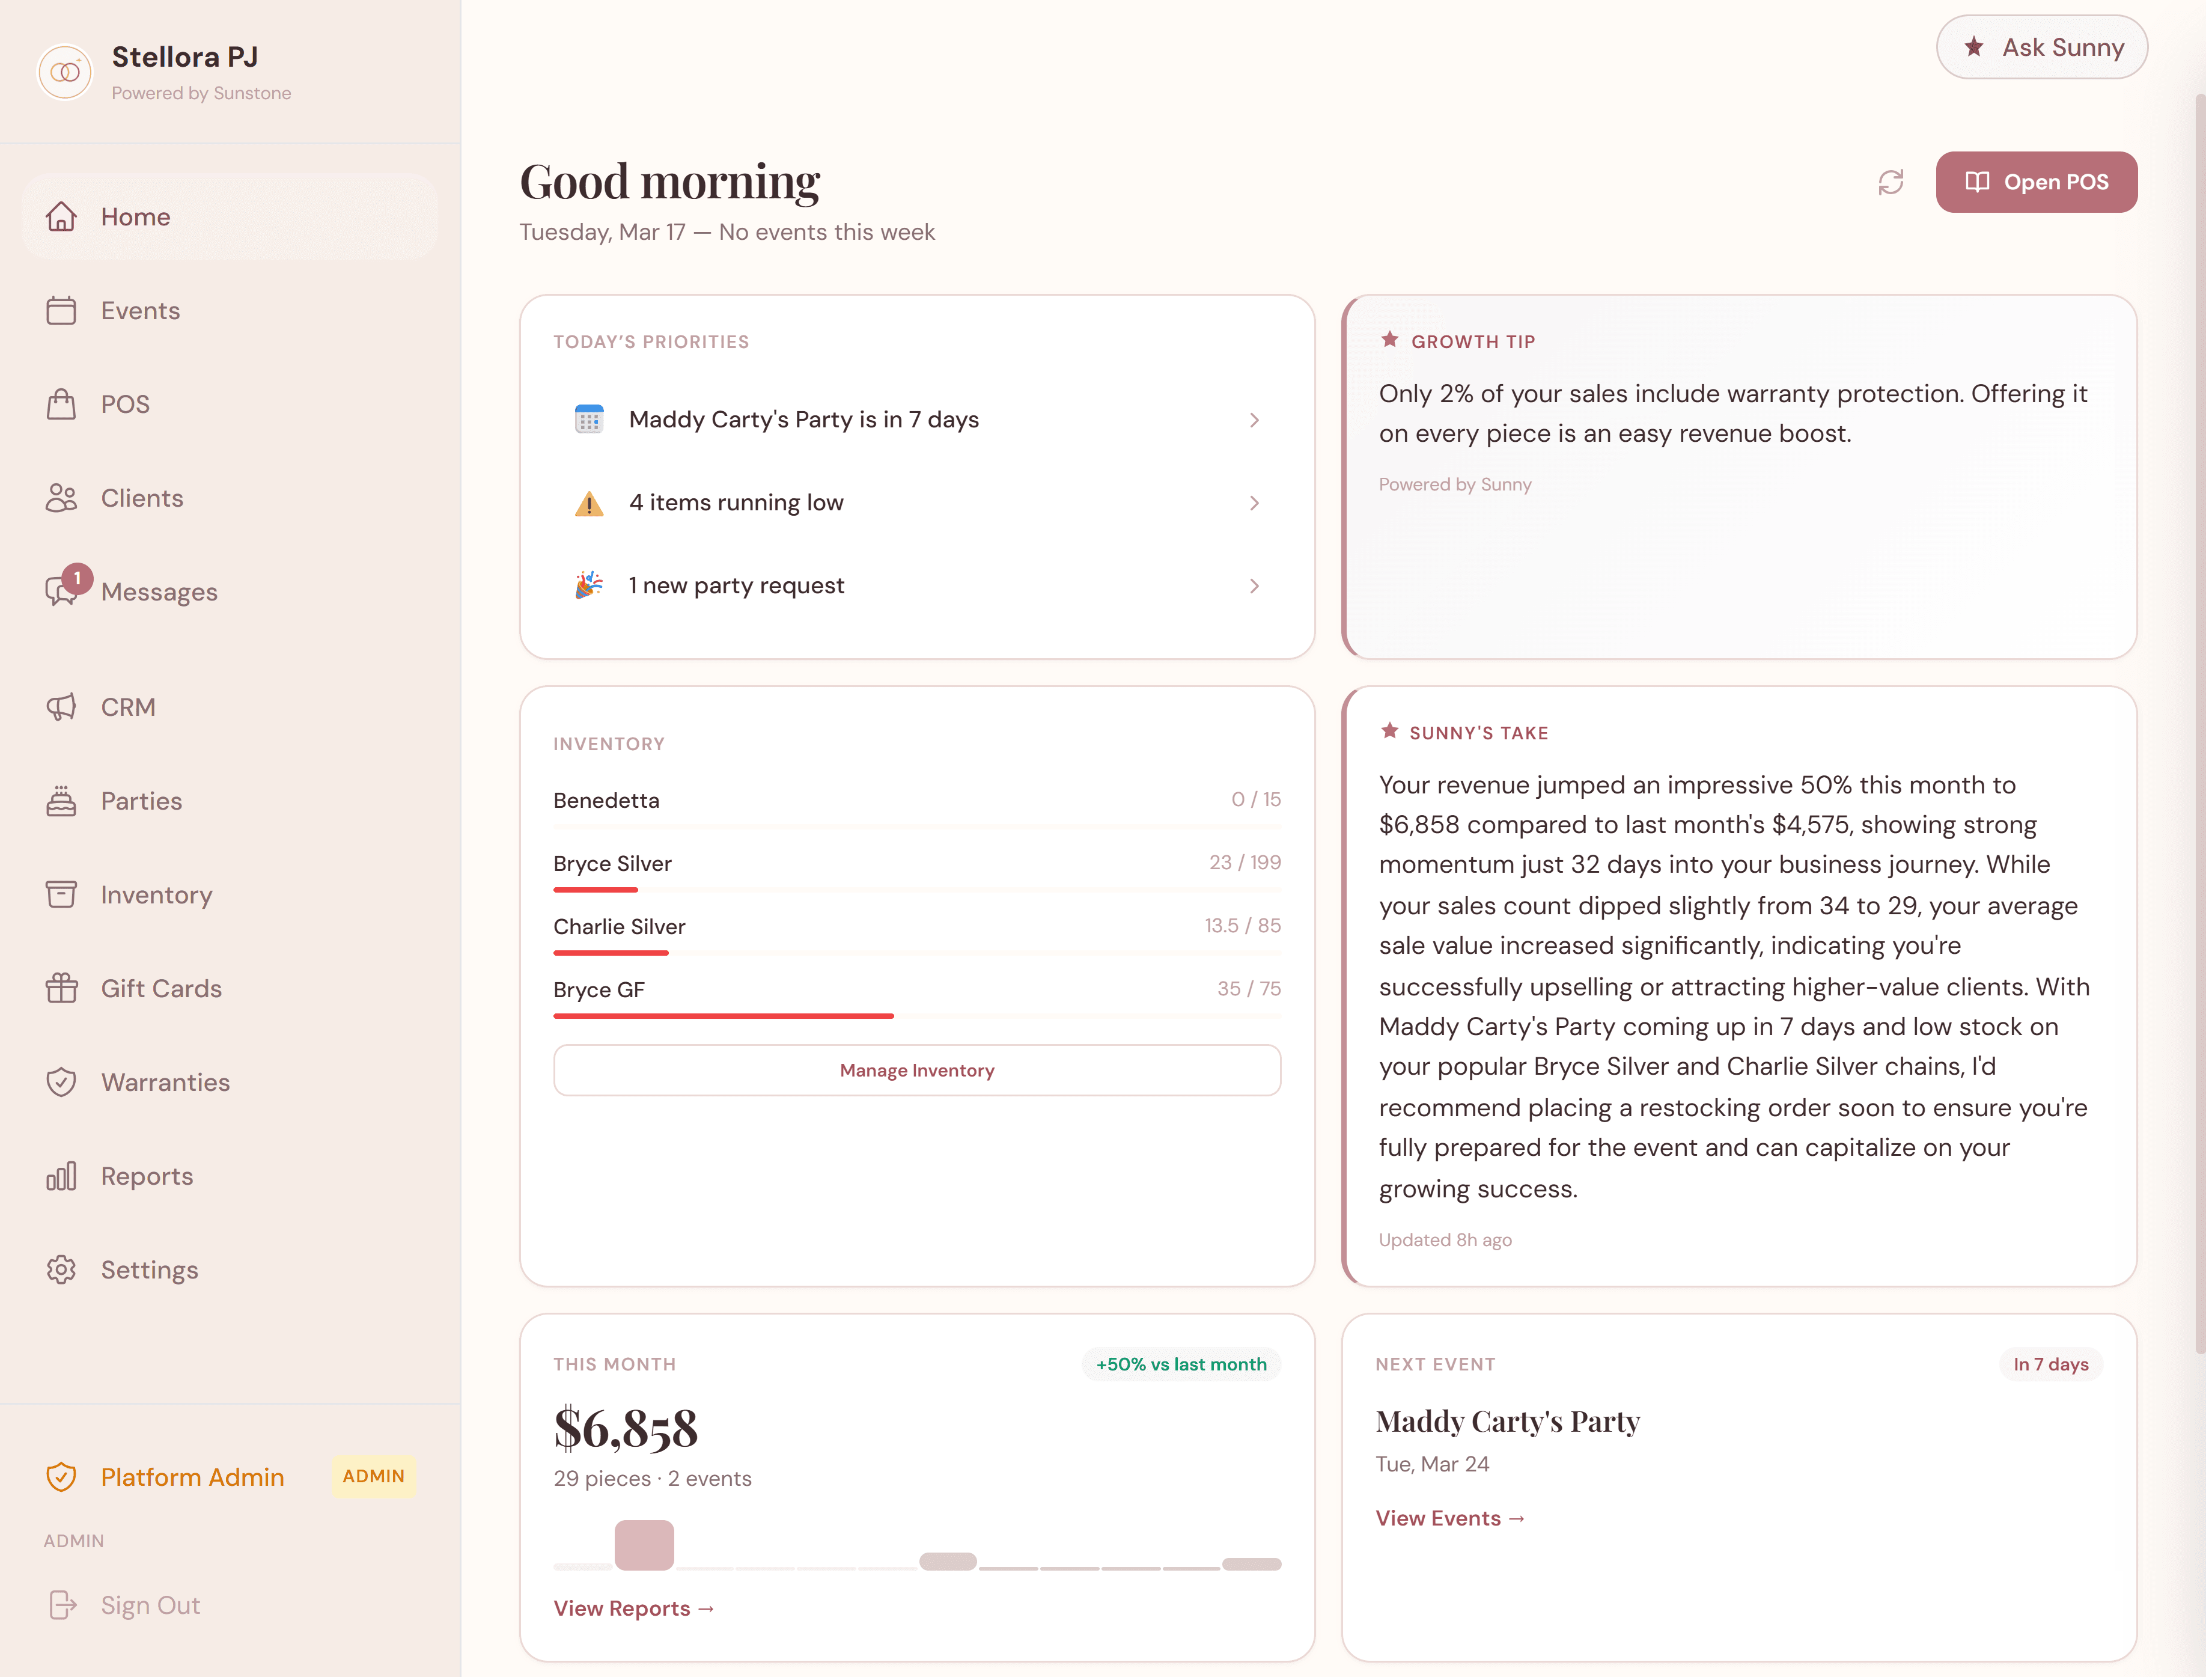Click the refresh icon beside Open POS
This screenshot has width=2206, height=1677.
tap(1890, 182)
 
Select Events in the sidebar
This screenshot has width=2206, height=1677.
tap(139, 310)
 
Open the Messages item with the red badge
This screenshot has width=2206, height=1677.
tap(159, 592)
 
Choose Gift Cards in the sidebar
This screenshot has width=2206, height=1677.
tap(160, 988)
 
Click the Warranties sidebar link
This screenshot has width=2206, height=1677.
tap(165, 1082)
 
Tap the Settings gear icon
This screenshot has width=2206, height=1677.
tap(61, 1269)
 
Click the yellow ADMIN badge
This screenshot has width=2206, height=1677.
tap(373, 1476)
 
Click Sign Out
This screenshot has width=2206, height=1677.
tap(150, 1605)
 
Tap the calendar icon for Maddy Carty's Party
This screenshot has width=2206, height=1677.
tap(589, 420)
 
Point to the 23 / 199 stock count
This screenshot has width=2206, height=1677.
tap(1244, 863)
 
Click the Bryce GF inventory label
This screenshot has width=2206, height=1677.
tap(599, 990)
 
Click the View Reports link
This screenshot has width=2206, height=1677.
tap(633, 1608)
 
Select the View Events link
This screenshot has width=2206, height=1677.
tap(1449, 1518)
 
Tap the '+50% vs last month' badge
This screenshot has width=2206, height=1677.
tap(1180, 1364)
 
